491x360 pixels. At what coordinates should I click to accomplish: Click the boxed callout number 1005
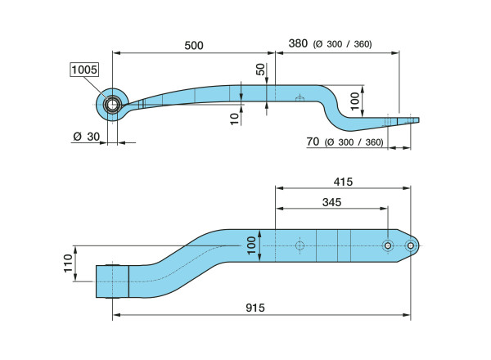point(84,70)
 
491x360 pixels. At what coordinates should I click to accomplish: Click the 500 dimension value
point(194,46)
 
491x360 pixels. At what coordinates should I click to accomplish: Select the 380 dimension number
point(298,43)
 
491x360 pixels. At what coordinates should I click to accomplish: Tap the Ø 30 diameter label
point(87,137)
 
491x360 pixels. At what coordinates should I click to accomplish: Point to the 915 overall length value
point(255,308)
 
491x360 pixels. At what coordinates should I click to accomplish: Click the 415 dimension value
point(343,182)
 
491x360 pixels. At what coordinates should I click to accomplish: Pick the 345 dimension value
point(331,203)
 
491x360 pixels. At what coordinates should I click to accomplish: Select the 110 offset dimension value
point(68,263)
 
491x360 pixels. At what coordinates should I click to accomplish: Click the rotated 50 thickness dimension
point(260,70)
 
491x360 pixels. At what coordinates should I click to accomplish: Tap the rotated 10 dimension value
point(235,119)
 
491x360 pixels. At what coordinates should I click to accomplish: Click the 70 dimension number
point(313,142)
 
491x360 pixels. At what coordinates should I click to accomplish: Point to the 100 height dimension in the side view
point(355,101)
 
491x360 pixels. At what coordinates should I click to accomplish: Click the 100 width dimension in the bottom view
point(251,245)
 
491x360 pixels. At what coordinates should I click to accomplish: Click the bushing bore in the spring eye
point(112,105)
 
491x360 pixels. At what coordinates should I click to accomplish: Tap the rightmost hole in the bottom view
point(411,245)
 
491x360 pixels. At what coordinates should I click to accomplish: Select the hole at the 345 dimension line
point(388,245)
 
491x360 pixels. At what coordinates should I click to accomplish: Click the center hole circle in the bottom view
point(300,245)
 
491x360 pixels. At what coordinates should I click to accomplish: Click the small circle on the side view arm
point(300,99)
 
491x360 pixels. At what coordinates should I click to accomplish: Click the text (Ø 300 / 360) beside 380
point(343,44)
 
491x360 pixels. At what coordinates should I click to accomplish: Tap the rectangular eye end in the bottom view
point(112,281)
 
